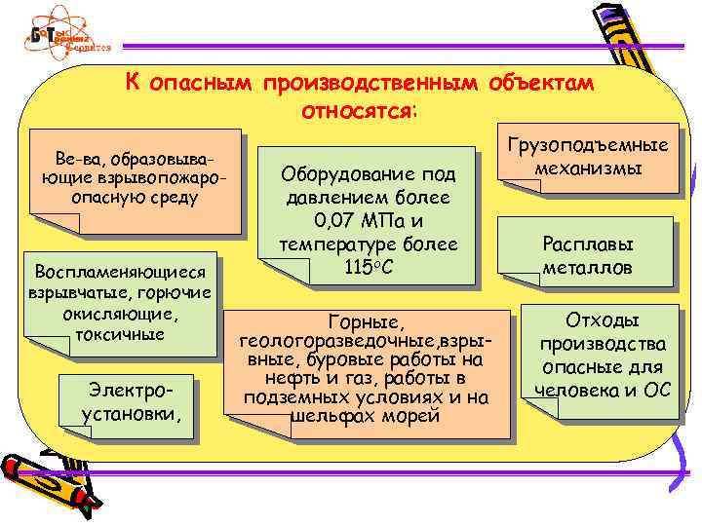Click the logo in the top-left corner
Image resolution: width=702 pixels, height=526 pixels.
[x=67, y=36]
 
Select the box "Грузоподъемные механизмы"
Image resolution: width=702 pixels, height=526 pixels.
[x=588, y=156]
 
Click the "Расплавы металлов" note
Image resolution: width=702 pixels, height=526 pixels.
[x=588, y=254]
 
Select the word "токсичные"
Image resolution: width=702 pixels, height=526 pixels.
[x=120, y=333]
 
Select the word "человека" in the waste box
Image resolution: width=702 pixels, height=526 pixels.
[x=567, y=392]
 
